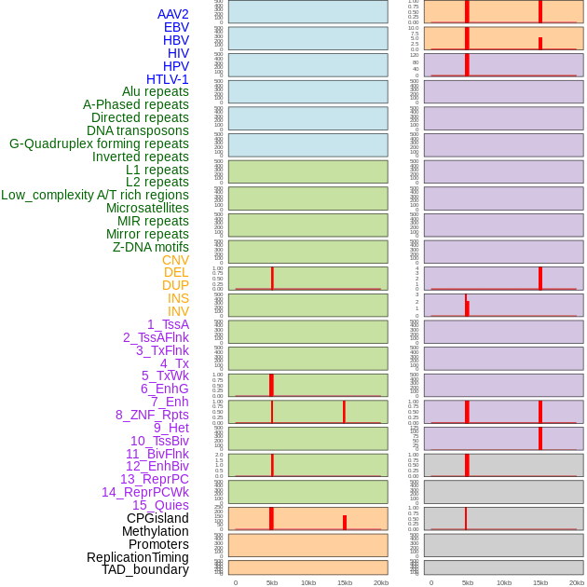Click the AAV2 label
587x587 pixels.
click(x=172, y=14)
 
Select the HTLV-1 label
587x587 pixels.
click(x=167, y=79)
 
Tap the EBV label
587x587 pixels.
click(x=175, y=27)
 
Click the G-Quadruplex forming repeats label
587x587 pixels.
click(x=99, y=143)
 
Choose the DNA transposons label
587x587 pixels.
click(x=137, y=130)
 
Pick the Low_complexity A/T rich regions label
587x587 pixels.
click(x=94, y=195)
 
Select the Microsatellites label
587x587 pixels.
click(x=147, y=208)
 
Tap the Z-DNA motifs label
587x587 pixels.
click(x=150, y=247)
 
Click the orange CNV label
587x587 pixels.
click(x=175, y=260)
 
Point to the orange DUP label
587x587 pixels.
click(x=175, y=285)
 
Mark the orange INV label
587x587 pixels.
click(x=178, y=311)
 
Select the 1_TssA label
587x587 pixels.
click(x=168, y=324)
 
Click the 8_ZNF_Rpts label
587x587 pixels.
click(x=152, y=415)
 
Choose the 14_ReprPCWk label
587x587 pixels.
click(x=144, y=492)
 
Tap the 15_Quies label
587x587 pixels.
click(x=159, y=505)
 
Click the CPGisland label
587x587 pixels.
click(x=157, y=518)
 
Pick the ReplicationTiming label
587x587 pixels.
click(x=137, y=557)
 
